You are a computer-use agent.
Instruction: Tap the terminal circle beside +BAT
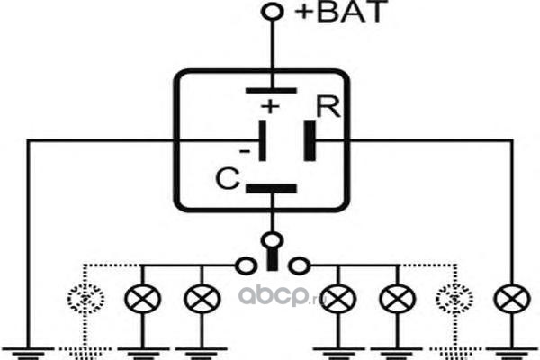(273, 12)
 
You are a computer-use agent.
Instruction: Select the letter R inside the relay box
(328, 107)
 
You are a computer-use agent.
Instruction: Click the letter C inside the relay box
(228, 178)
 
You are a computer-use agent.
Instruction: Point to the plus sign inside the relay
(270, 106)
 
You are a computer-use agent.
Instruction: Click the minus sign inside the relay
(245, 151)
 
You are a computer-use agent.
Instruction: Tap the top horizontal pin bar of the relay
(271, 91)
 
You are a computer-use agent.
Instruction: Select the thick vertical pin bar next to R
(310, 140)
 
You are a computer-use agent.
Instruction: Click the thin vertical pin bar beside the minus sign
(263, 140)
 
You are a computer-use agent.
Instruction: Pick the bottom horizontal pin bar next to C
(271, 188)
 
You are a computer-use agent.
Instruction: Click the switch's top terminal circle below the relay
(272, 240)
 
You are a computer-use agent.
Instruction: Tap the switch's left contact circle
(246, 266)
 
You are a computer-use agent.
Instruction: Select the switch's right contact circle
(299, 266)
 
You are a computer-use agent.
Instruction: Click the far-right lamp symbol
(512, 299)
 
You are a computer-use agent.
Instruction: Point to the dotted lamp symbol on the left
(85, 299)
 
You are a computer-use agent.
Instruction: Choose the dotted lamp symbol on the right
(454, 299)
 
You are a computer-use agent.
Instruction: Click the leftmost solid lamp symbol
(142, 299)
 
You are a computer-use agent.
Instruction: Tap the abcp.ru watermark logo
(283, 296)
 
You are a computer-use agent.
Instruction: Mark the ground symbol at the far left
(28, 353)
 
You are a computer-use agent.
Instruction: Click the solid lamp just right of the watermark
(339, 299)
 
